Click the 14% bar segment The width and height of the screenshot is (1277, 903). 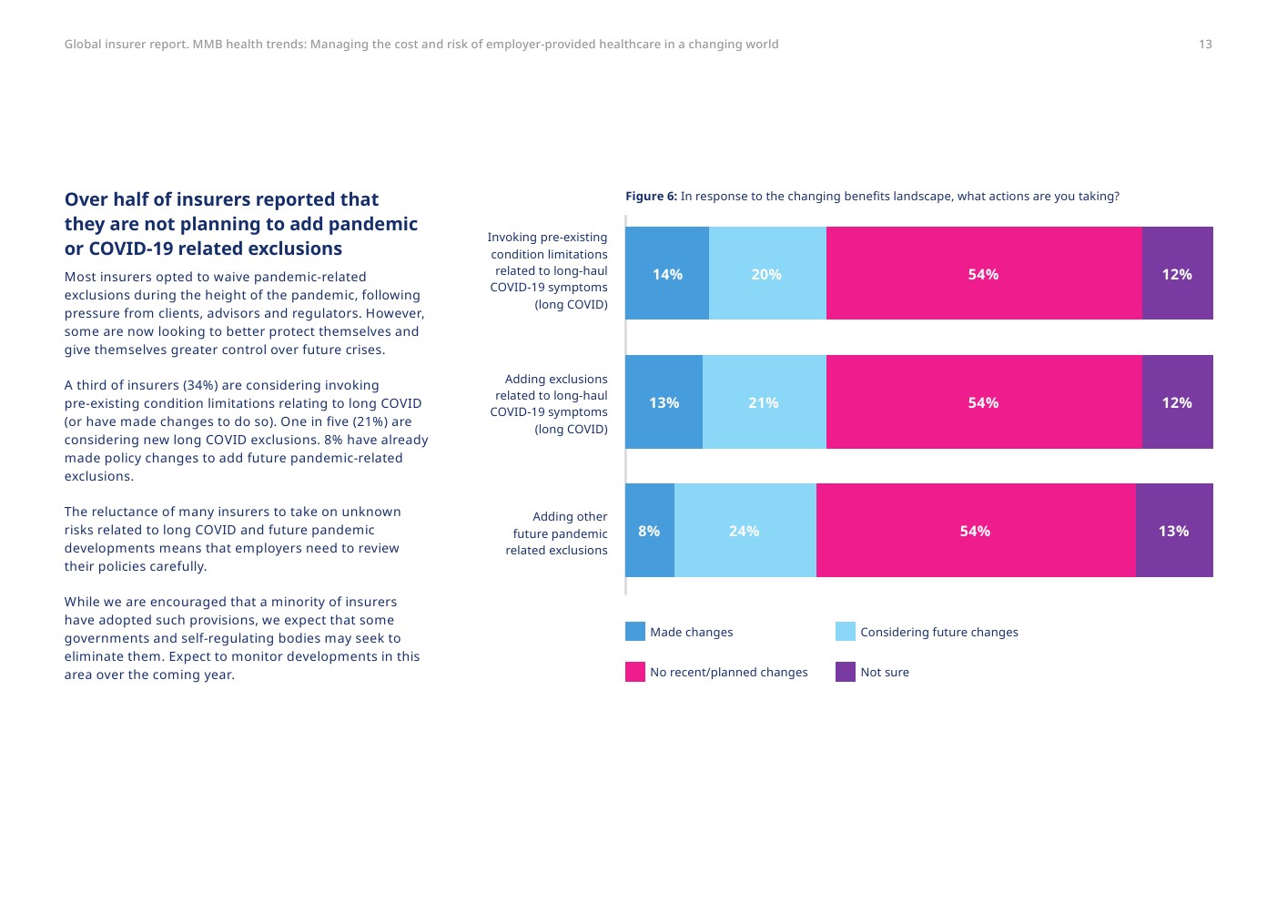[x=667, y=274]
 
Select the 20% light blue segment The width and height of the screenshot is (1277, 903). [x=766, y=274]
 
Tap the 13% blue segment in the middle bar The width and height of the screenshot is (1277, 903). [x=664, y=402]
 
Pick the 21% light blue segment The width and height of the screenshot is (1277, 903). [x=764, y=402]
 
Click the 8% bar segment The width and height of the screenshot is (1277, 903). [x=649, y=531]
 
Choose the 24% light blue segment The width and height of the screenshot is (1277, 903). [x=745, y=531]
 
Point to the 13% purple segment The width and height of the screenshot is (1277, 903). [x=1173, y=531]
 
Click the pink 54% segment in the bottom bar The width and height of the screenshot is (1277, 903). [x=975, y=531]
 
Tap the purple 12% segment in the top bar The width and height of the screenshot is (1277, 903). [x=1177, y=274]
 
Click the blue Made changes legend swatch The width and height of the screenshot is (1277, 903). [x=635, y=632]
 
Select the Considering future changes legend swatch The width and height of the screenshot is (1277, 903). [x=846, y=632]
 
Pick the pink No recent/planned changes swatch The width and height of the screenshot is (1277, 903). [x=635, y=672]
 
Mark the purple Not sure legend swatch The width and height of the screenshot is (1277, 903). [x=846, y=672]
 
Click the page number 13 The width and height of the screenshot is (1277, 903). [x=1205, y=45]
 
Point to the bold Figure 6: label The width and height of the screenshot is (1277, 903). [x=651, y=197]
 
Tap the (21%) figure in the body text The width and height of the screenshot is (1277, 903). [x=370, y=421]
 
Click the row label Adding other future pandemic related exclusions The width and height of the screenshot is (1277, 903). [x=556, y=533]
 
